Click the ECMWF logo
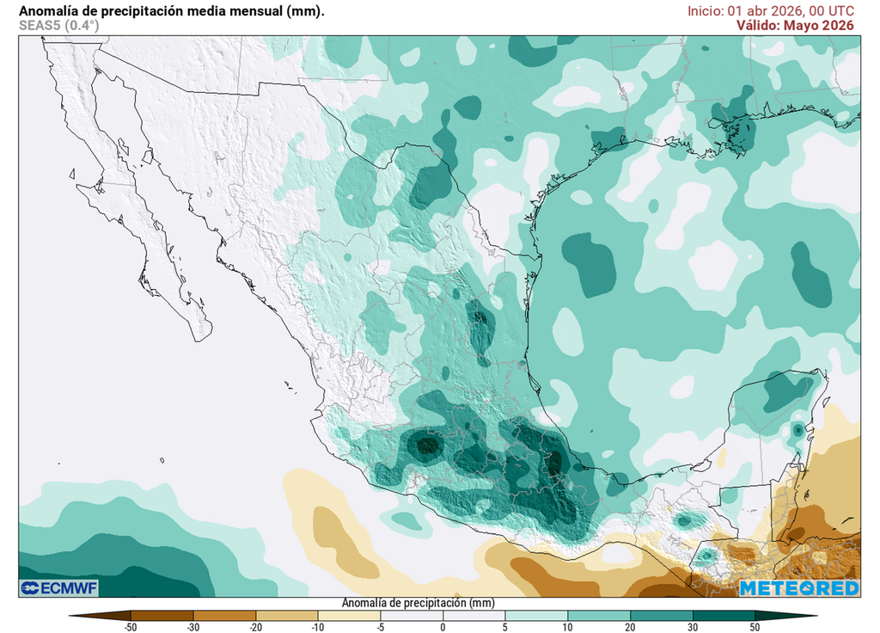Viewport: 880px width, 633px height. [x=59, y=587]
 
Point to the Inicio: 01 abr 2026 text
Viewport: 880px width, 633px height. [x=745, y=10]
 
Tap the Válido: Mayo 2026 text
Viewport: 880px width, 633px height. [x=794, y=25]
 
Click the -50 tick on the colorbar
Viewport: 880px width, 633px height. [x=131, y=627]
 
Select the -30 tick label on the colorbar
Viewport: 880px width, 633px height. [x=193, y=627]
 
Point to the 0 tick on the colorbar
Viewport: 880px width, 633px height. [x=443, y=627]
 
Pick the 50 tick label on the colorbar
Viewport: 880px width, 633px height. [x=755, y=627]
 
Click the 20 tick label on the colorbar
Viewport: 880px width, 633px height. [x=630, y=627]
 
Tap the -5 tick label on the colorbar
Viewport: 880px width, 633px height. [x=381, y=627]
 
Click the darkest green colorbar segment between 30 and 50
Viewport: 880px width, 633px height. [x=724, y=615]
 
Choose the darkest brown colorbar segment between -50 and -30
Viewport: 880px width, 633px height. [x=162, y=615]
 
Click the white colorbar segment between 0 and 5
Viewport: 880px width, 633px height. [x=474, y=615]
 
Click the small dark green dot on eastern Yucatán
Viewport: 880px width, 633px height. [x=798, y=429]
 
